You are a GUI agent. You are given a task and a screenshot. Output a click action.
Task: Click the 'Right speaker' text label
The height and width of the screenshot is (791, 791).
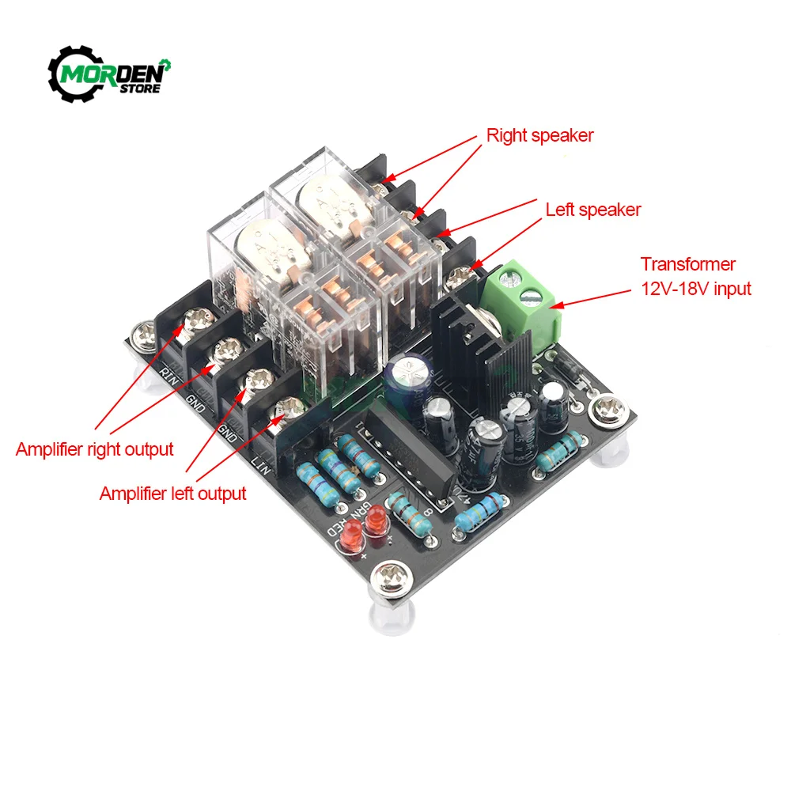point(539,135)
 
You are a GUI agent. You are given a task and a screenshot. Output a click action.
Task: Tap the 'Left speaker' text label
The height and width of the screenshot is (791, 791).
point(593,210)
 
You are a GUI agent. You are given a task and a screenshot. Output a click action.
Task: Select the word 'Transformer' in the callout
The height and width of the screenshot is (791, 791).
point(688,264)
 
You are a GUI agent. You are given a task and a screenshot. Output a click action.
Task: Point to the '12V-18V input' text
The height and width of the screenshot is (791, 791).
point(695,288)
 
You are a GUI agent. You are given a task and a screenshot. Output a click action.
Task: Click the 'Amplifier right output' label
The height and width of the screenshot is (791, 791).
point(94,449)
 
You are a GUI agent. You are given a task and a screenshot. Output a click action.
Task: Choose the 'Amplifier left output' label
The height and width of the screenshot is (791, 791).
point(172,494)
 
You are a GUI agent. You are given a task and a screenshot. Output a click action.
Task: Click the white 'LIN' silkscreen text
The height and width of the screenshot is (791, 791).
point(261,462)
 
